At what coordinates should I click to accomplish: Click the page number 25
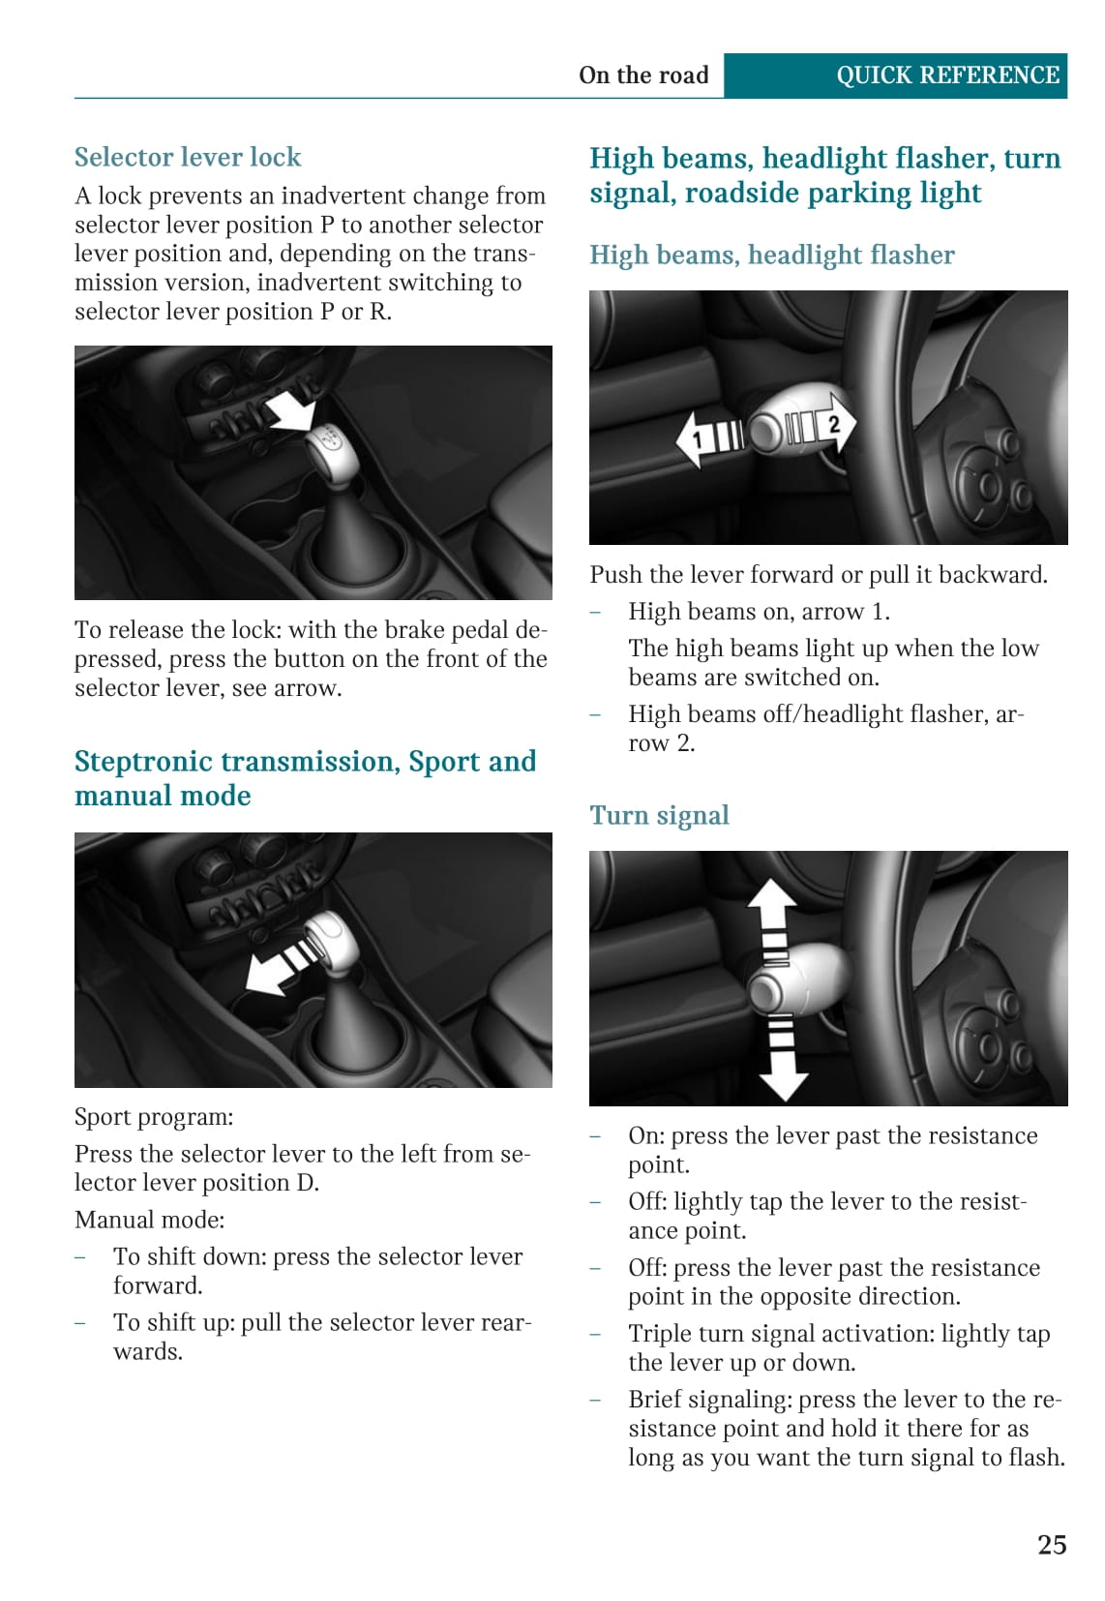(x=1052, y=1545)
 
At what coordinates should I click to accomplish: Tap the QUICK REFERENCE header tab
(x=895, y=76)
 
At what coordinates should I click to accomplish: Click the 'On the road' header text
(x=643, y=76)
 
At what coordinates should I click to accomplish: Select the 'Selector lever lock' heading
(x=188, y=157)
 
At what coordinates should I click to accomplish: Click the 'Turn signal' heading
(x=659, y=816)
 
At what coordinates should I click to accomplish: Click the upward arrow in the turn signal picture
(x=773, y=919)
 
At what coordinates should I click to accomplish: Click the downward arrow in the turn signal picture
(x=783, y=1056)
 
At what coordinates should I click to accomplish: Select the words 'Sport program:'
(x=154, y=1117)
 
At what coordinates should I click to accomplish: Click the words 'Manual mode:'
(x=149, y=1220)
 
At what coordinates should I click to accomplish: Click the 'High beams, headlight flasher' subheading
(x=771, y=256)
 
